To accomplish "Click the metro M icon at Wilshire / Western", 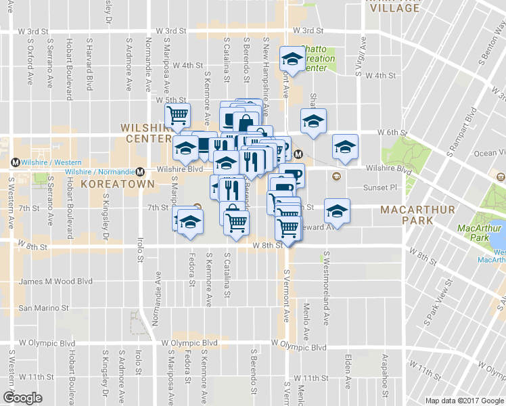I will (14, 162).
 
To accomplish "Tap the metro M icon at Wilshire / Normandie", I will (140, 171).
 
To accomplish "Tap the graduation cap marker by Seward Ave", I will (337, 210).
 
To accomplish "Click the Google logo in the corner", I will (22, 397).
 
